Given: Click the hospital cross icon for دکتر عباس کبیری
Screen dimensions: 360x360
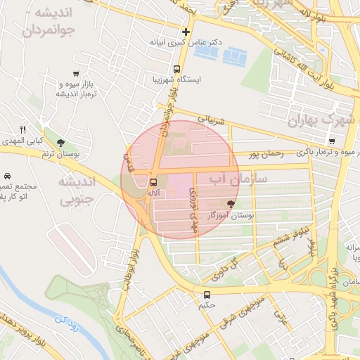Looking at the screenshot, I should click(x=186, y=32).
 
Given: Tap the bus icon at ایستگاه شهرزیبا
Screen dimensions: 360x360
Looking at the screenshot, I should click(x=176, y=70).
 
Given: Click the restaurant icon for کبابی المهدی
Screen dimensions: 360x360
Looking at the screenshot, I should click(x=22, y=129).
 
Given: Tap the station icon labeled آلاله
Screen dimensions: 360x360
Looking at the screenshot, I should click(x=154, y=182).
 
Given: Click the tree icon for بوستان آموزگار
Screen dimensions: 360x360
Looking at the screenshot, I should click(x=231, y=202).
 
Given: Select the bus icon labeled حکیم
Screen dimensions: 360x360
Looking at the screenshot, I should click(x=207, y=295).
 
